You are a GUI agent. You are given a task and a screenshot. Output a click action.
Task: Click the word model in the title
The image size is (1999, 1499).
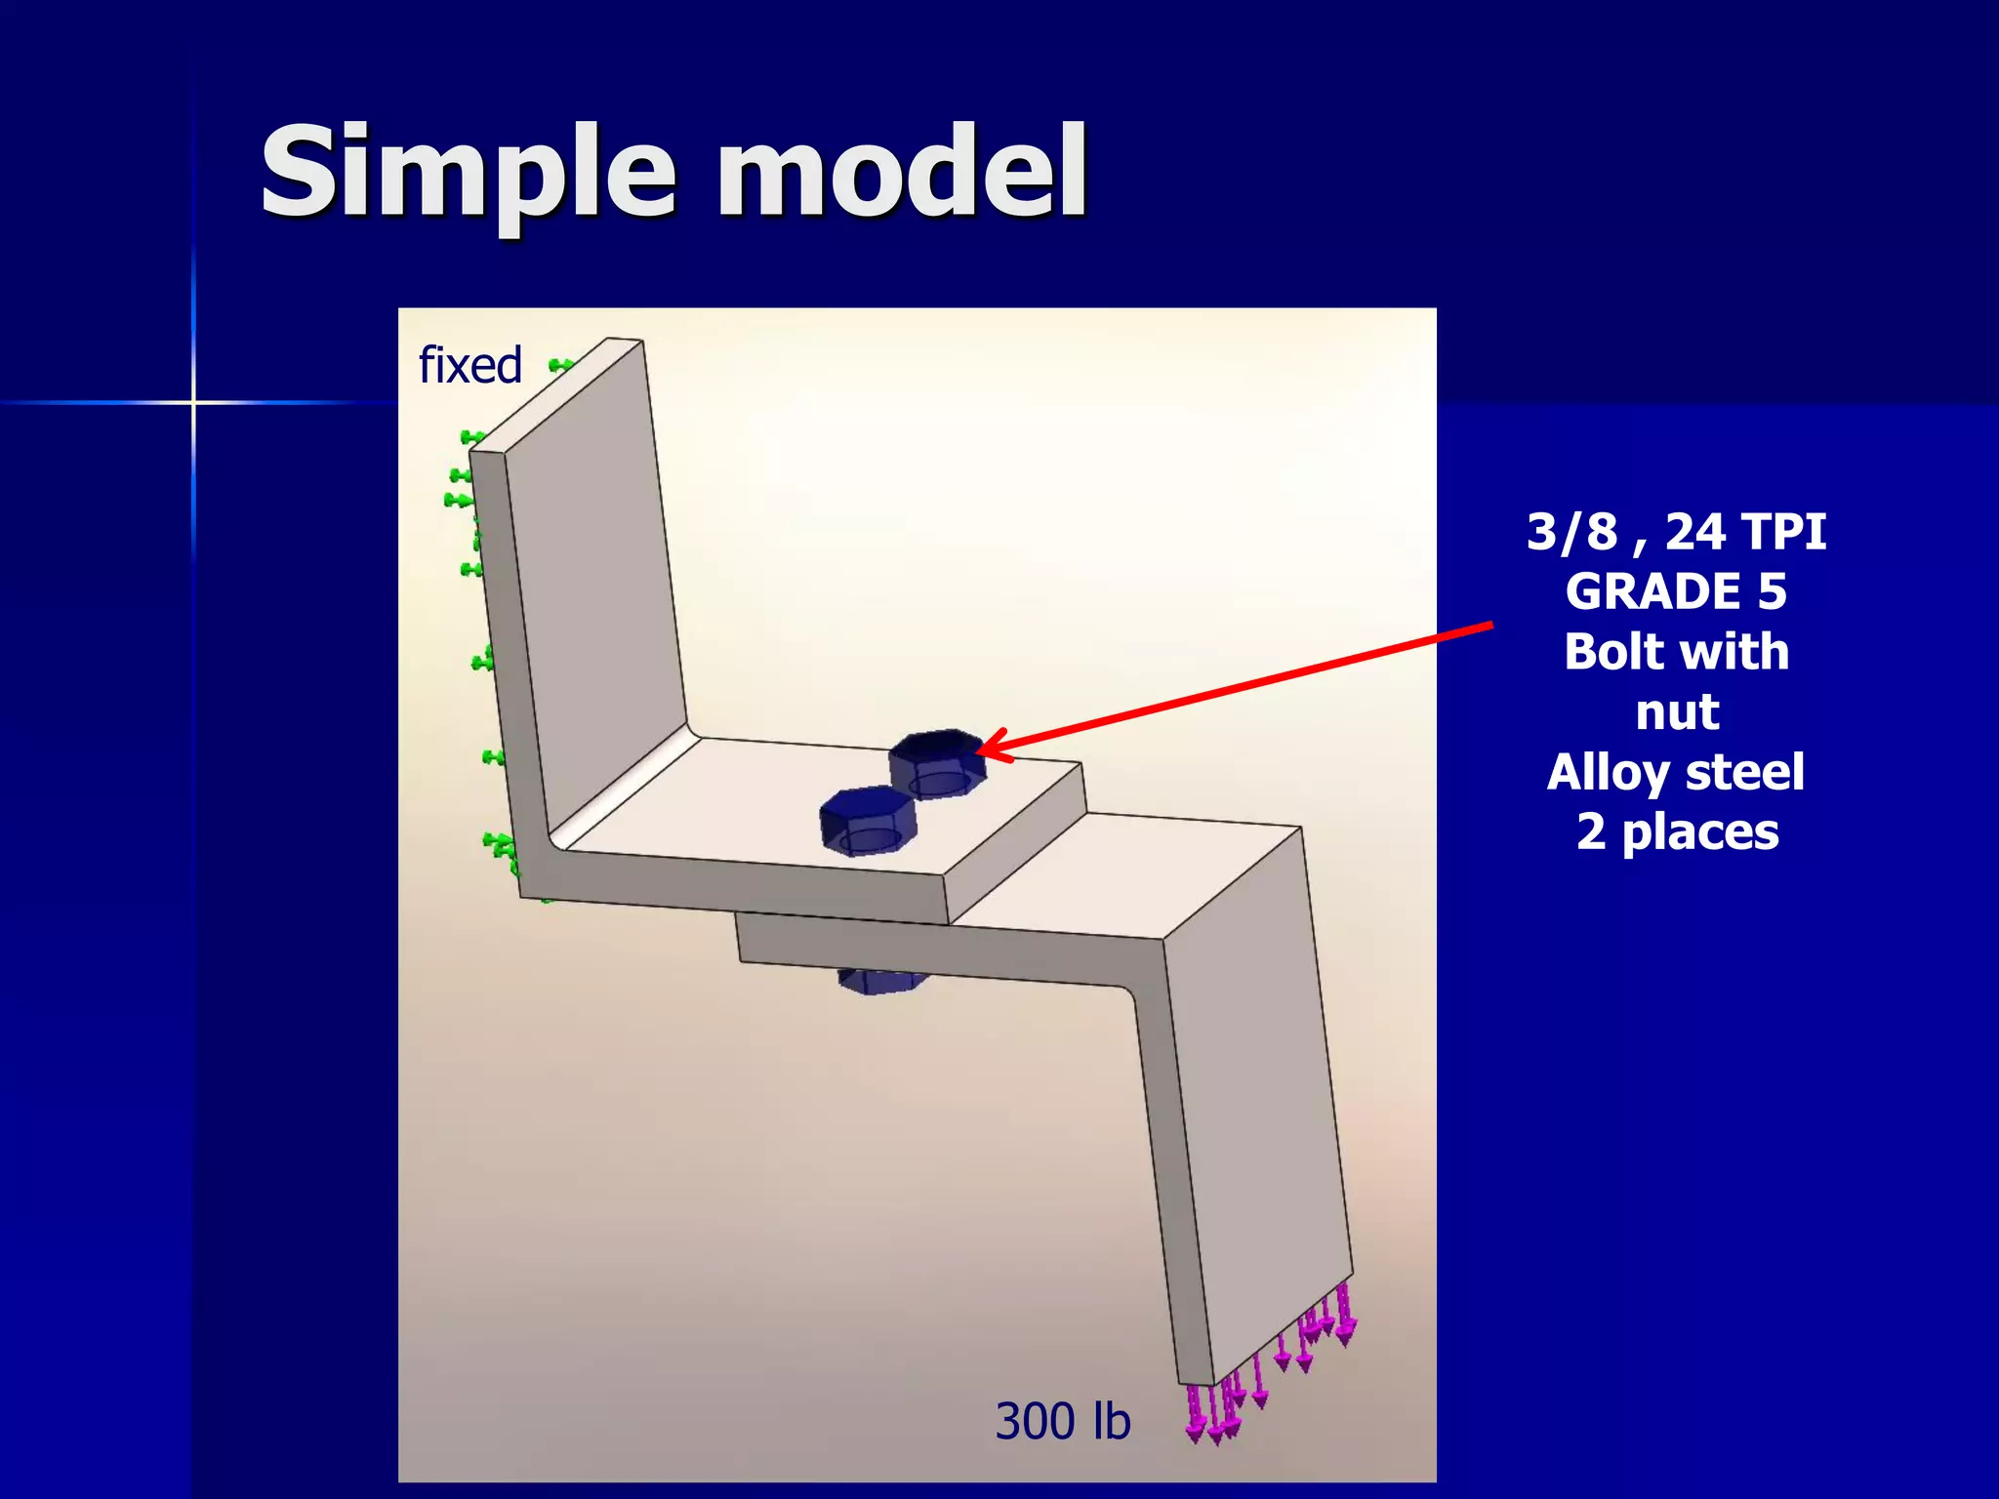tap(902, 172)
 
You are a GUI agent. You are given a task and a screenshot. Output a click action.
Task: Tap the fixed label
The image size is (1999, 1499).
tap(470, 366)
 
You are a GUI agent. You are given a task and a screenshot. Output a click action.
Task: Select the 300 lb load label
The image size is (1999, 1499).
tap(1062, 1421)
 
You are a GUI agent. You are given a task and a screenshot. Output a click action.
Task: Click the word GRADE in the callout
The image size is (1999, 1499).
tap(1651, 592)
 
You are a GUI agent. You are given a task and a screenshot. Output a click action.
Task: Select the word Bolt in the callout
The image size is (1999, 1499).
tap(1613, 652)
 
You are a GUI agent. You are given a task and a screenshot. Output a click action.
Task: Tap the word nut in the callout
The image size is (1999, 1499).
tap(1677, 711)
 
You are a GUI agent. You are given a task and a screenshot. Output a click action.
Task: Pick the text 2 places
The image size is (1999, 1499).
tap(1677, 832)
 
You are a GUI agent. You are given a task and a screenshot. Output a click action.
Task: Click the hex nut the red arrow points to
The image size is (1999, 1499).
tap(937, 763)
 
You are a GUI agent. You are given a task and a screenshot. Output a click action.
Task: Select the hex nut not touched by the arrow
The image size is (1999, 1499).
tap(867, 821)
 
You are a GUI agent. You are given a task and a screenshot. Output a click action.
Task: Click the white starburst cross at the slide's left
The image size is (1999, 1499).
tap(193, 402)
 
